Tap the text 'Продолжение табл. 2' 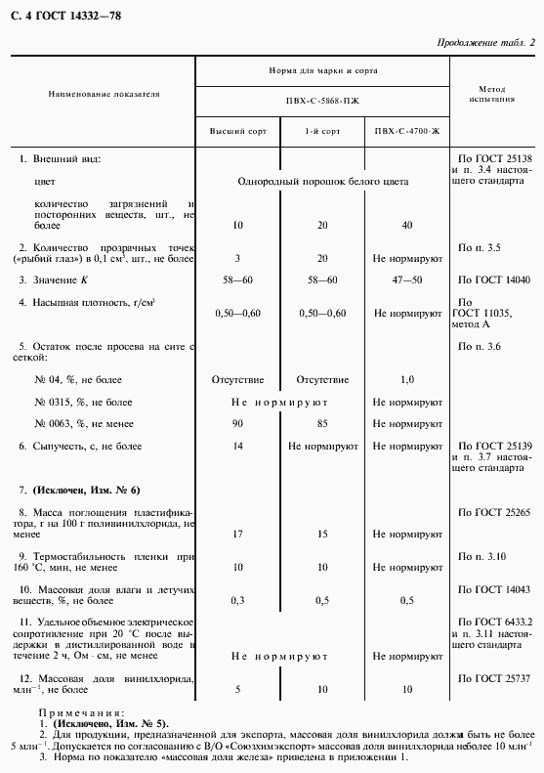(x=484, y=42)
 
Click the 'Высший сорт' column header (x=237, y=130)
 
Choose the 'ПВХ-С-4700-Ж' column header (x=407, y=130)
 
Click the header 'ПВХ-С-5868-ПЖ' (x=322, y=102)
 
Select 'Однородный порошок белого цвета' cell (x=322, y=182)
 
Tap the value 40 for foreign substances (x=407, y=225)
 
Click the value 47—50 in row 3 (x=407, y=279)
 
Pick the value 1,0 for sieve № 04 (x=407, y=378)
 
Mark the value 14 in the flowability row (x=237, y=446)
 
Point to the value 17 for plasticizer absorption (x=237, y=534)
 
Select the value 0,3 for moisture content (x=237, y=600)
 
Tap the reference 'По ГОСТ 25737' (x=493, y=677)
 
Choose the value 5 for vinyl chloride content (x=237, y=689)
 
